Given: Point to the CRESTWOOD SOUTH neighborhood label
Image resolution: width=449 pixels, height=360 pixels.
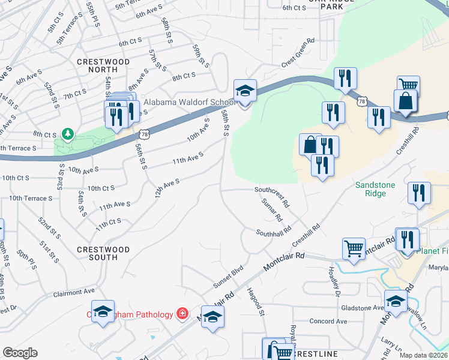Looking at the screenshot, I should [x=103, y=253].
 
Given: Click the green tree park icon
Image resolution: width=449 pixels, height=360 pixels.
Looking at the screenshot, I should [x=68, y=133].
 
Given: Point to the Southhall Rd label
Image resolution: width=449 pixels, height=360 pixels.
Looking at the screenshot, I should [x=273, y=232].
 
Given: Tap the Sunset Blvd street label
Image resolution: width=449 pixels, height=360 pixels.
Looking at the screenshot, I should [x=229, y=275].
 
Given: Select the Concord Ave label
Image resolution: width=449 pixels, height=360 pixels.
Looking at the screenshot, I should [x=328, y=322].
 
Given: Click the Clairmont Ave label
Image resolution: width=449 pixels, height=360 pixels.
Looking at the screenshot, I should [x=74, y=293].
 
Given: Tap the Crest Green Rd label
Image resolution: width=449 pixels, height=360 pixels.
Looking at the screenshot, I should [x=298, y=53].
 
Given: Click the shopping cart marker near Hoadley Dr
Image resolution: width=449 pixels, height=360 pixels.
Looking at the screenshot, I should [x=354, y=248].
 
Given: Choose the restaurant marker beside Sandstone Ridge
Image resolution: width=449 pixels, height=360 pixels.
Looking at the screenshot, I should [x=418, y=193].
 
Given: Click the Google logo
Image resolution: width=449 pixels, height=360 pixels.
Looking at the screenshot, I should [x=20, y=353].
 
